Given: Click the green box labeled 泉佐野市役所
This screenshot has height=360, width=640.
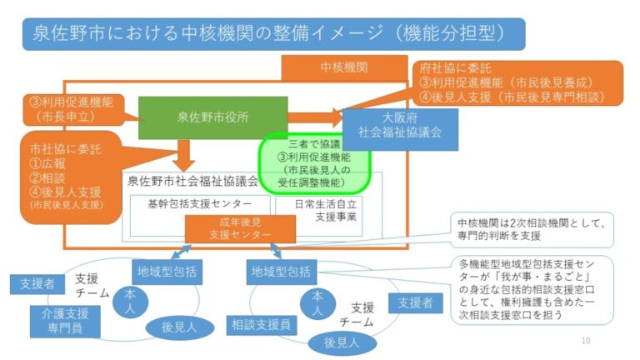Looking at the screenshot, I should pos(212,117).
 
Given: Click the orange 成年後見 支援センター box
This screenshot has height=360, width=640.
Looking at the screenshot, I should pos(240,230).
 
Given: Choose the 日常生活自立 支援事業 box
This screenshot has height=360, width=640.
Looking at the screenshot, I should pos(324,209).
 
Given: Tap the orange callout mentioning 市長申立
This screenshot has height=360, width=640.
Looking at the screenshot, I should pos(73,109).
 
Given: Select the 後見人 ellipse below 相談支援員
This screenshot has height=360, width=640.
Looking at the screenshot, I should pos(340,342).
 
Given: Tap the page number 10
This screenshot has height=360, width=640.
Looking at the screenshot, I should pos(585,341).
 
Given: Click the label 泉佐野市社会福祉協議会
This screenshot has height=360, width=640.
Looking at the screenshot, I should pos(192,180).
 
